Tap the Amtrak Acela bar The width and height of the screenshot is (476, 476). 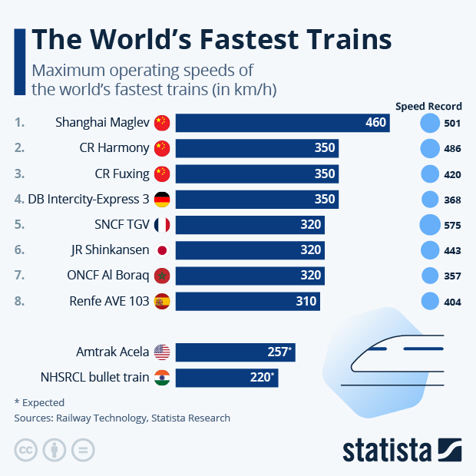tap(234, 352)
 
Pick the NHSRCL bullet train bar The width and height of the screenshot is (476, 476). tap(226, 378)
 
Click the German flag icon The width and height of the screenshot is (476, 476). tap(162, 200)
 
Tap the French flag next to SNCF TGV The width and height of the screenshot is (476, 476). tap(162, 225)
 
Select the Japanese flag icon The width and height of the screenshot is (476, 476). tap(162, 250)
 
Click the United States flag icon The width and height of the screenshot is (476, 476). tap(162, 352)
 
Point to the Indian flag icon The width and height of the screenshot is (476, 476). tap(162, 378)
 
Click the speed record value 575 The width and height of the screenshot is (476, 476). tap(452, 226)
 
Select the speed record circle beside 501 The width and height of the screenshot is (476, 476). tap(431, 123)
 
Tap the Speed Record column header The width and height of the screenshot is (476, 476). tap(428, 106)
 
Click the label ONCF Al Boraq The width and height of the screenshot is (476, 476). tap(108, 276)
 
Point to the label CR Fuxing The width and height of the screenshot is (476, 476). tap(121, 174)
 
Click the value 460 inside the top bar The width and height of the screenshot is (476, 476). tap(375, 122)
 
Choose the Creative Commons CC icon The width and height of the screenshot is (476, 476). tap(26, 449)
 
